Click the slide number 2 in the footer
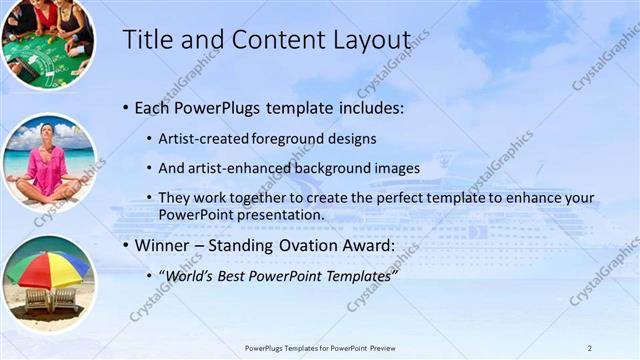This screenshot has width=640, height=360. click(x=589, y=348)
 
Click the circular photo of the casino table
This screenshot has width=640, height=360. click(x=47, y=42)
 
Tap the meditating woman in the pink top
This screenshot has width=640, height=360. click(x=47, y=162)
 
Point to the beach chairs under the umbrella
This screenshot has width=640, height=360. click(x=49, y=297)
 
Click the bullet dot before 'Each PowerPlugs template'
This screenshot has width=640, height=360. click(x=125, y=107)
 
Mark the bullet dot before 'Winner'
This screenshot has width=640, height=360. click(x=125, y=245)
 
